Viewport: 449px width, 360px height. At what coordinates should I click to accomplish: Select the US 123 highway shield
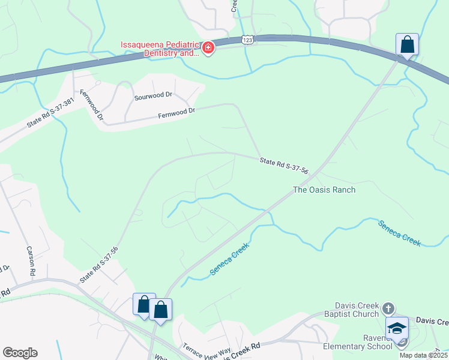click(x=247, y=40)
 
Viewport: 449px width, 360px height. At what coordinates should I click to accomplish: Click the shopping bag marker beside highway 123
click(x=407, y=45)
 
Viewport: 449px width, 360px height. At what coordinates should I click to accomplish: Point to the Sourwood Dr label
click(x=153, y=95)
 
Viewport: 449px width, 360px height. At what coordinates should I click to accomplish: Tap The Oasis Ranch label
click(x=324, y=190)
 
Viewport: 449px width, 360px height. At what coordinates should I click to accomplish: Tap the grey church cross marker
click(x=388, y=309)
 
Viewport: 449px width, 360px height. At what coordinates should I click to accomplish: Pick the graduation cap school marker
click(x=397, y=328)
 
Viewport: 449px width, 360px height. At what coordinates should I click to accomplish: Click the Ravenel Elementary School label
click(x=358, y=346)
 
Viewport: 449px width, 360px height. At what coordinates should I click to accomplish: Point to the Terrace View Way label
click(x=206, y=352)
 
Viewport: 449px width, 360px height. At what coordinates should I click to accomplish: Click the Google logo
click(x=20, y=353)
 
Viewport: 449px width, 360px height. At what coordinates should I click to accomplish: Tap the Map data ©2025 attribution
click(x=423, y=355)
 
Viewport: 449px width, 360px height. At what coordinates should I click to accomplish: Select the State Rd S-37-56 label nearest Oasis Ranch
click(x=284, y=166)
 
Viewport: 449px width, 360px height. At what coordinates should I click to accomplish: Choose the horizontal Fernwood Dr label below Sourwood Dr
click(x=176, y=112)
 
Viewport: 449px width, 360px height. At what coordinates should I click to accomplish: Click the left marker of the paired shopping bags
click(x=144, y=304)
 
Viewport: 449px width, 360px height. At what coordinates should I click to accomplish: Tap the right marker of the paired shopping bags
click(x=160, y=310)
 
